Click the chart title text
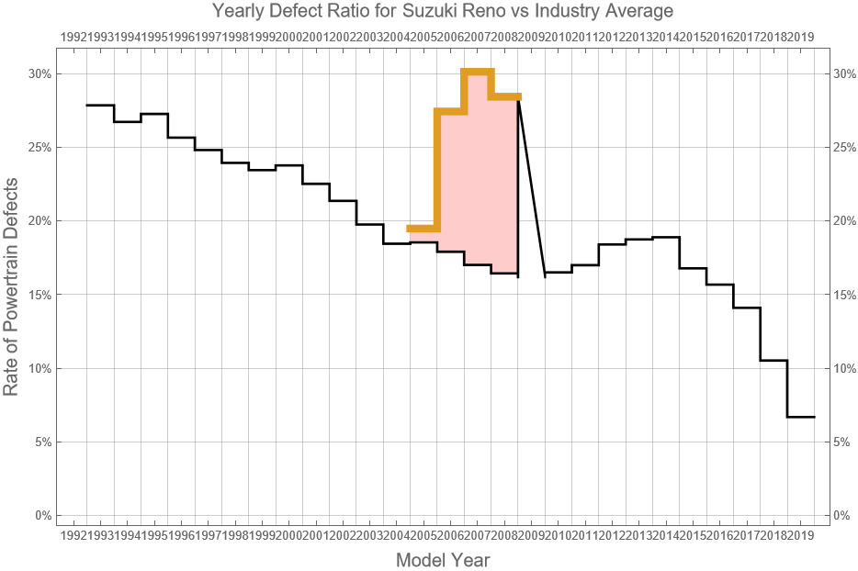tap(443, 11)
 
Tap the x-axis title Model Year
tap(443, 560)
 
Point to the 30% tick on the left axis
tap(39, 73)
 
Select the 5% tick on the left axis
tap(41, 442)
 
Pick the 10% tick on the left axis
tap(39, 368)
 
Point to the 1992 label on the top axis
tap(73, 37)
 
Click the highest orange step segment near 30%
tap(478, 71)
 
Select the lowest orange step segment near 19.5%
tap(423, 228)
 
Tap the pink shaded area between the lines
tap(478, 184)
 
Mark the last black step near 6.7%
tap(801, 417)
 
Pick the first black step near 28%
tap(100, 106)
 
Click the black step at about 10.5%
tap(773, 361)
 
